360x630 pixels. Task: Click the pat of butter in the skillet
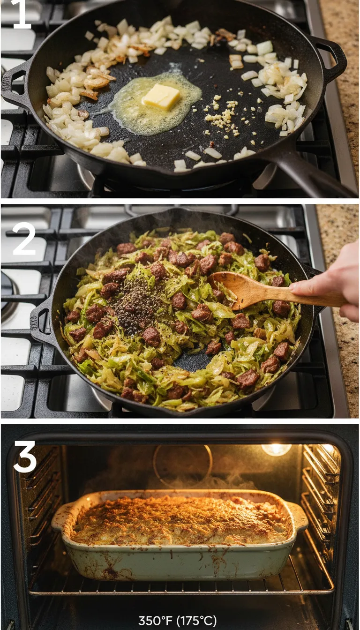161,97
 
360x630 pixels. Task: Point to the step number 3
25,457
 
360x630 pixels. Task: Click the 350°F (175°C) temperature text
177,621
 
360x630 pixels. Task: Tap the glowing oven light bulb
276,450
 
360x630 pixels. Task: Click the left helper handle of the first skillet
14,84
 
